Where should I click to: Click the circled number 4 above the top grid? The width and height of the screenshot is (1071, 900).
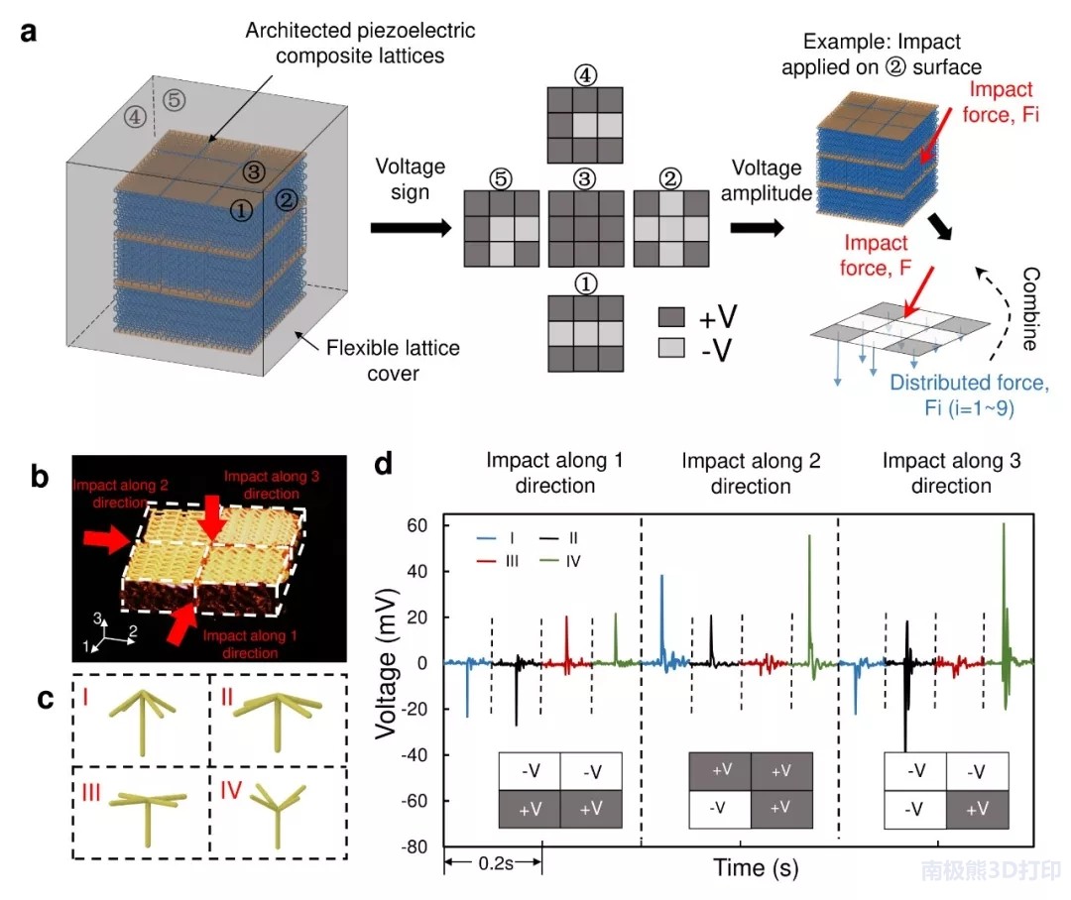585,74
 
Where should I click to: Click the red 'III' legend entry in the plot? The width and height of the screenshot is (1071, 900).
501,562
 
